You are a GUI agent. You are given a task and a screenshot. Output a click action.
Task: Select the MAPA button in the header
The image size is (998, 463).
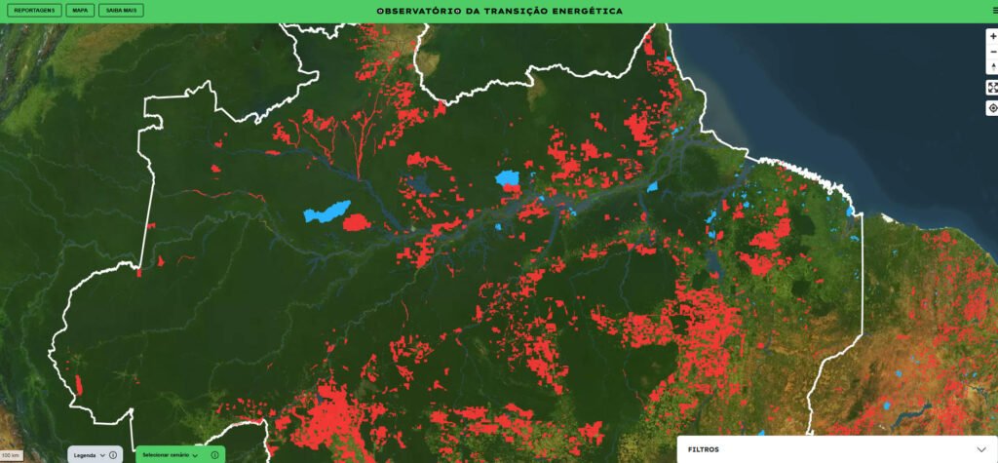[80, 11]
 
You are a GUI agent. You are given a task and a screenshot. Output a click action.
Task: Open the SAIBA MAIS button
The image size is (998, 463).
[121, 11]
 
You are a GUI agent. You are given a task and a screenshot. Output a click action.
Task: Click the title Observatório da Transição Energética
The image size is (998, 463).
[499, 11]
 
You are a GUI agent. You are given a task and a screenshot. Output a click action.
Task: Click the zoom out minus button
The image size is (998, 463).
[992, 52]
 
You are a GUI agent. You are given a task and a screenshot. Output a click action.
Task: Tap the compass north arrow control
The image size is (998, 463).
[992, 67]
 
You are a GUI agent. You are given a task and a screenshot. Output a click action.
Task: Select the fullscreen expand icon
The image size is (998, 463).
[992, 88]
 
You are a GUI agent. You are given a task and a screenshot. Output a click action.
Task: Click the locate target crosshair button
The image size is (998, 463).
[992, 108]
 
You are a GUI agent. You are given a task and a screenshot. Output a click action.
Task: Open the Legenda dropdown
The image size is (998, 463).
[90, 455]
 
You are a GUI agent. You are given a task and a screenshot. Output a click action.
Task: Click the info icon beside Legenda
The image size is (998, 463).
[113, 455]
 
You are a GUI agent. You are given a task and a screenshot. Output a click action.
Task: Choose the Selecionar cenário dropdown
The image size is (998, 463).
[171, 455]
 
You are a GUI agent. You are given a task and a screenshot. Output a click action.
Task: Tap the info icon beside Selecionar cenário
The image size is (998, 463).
[214, 455]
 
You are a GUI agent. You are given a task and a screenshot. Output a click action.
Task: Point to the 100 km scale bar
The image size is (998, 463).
[11, 455]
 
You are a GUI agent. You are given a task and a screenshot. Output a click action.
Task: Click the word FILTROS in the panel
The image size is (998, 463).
[704, 449]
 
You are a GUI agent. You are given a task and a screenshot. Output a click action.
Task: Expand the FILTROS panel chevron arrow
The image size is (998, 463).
[981, 449]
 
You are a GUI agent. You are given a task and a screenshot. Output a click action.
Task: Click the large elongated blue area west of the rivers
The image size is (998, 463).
[326, 211]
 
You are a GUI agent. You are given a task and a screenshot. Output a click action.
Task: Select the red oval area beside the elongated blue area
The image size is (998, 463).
[357, 222]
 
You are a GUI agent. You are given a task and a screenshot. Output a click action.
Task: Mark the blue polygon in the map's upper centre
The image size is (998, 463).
[507, 179]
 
